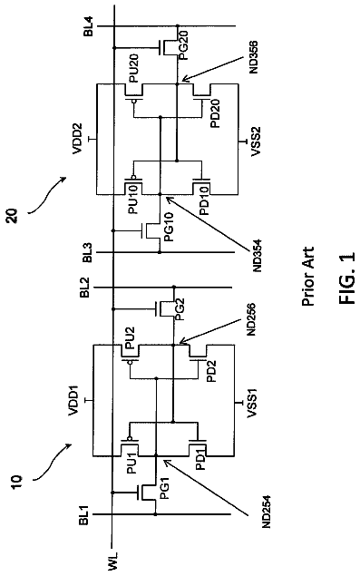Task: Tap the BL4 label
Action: (x=89, y=26)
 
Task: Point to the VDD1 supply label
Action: (x=73, y=400)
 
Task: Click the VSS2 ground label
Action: (x=256, y=142)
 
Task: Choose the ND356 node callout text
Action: (x=254, y=57)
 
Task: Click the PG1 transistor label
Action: (x=164, y=491)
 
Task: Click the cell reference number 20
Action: (x=14, y=215)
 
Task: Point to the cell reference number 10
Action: (x=17, y=480)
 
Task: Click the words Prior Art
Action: (x=307, y=277)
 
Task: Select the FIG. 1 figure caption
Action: (x=347, y=278)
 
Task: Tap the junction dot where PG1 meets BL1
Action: (x=155, y=514)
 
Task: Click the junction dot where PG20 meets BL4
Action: (x=178, y=26)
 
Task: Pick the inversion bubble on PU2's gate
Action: (x=130, y=363)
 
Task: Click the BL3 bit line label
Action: (x=88, y=253)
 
